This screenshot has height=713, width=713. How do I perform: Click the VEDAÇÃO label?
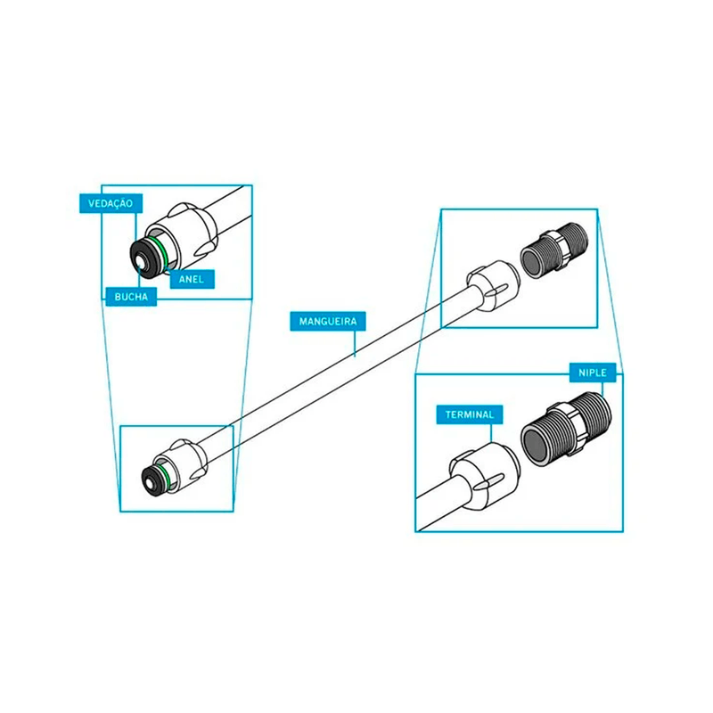point(111,203)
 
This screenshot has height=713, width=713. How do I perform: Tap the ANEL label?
point(192,279)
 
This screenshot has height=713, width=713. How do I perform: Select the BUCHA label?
point(131,297)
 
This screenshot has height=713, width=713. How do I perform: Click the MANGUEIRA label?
point(328,322)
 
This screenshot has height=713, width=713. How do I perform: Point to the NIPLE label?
point(593,373)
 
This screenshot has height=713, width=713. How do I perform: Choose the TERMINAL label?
point(470,414)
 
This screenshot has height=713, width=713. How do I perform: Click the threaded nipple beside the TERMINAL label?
point(566,430)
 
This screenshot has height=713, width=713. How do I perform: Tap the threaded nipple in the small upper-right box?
point(554,251)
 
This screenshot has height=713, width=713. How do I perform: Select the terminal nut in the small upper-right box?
point(493,285)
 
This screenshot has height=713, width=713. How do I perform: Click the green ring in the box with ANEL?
point(161,251)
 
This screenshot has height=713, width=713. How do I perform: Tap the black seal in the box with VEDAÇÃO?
point(146,257)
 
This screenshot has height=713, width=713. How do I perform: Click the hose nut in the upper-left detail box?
point(185,235)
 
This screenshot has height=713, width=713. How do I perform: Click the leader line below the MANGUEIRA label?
point(355,343)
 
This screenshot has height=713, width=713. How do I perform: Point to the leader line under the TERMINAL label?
point(491,433)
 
